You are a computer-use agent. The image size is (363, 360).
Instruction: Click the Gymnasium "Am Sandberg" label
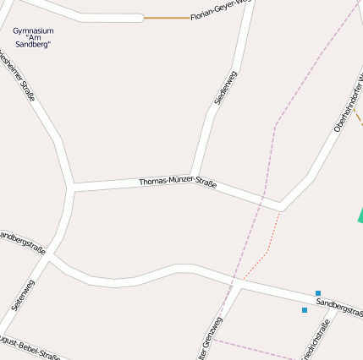[x=33, y=37]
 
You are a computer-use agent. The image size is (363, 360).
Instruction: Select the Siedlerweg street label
[x=226, y=88]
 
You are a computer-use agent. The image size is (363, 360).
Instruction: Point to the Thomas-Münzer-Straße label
[x=178, y=183]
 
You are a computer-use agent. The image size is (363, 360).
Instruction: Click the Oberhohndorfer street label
[x=348, y=103]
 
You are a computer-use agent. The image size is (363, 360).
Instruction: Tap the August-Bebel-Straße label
[x=30, y=347]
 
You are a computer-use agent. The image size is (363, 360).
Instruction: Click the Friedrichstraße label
[x=314, y=341]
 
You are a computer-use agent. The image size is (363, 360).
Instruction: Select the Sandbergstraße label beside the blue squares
[x=339, y=307]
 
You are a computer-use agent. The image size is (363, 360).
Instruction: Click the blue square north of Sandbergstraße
[x=318, y=293]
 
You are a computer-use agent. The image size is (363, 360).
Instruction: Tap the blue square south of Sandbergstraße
[x=305, y=310]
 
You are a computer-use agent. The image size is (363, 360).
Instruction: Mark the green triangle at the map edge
[x=360, y=215]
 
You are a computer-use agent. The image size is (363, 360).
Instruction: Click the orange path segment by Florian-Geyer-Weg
[x=166, y=17]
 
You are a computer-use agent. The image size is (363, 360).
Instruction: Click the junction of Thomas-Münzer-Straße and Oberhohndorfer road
[x=281, y=206]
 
